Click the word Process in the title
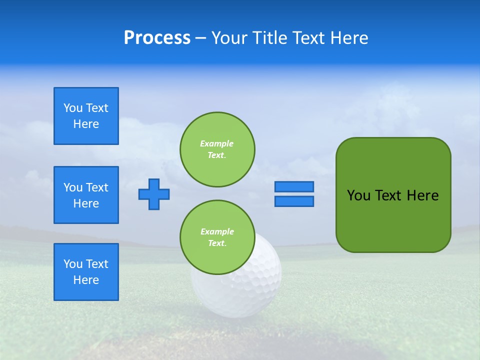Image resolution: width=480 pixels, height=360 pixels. coord(157,38)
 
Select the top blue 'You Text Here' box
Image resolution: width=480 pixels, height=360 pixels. coord(86,116)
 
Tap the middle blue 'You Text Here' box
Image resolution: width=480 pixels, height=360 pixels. coord(86,195)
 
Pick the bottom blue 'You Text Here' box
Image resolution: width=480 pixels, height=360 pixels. coord(86,272)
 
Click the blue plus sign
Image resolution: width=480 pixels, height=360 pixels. coord(154,194)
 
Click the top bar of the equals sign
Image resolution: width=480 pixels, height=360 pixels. coord(294,187)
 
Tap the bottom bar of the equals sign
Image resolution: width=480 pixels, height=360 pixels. coord(294,201)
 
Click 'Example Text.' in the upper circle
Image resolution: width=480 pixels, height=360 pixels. coord(217,149)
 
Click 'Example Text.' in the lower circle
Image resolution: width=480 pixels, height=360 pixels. coord(217,237)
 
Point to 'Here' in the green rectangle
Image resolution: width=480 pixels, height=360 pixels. coord(422,195)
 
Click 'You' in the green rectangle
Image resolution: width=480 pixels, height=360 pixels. coord(358,195)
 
